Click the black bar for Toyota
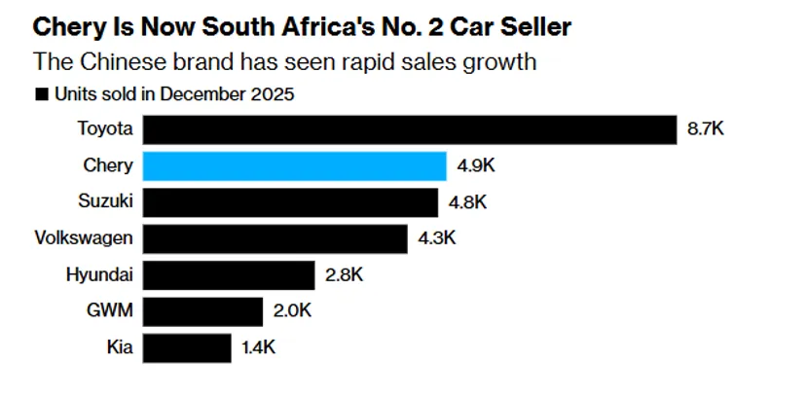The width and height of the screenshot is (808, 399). [410, 129]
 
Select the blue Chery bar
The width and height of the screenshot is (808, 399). [295, 165]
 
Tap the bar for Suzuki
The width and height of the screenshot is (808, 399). [290, 202]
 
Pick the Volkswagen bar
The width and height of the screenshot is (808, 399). [275, 238]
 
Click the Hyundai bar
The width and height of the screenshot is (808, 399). [229, 275]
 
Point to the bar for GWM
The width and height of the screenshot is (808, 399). [203, 311]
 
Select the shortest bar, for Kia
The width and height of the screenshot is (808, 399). [188, 347]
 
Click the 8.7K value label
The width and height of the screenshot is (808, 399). [706, 129]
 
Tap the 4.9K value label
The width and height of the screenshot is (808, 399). [476, 165]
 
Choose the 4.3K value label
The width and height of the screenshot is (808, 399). [438, 238]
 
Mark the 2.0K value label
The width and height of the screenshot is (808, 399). [293, 311]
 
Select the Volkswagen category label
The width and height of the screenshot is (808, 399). [84, 238]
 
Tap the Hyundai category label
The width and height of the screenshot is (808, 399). [98, 275]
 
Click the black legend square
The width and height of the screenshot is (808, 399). [41, 95]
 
